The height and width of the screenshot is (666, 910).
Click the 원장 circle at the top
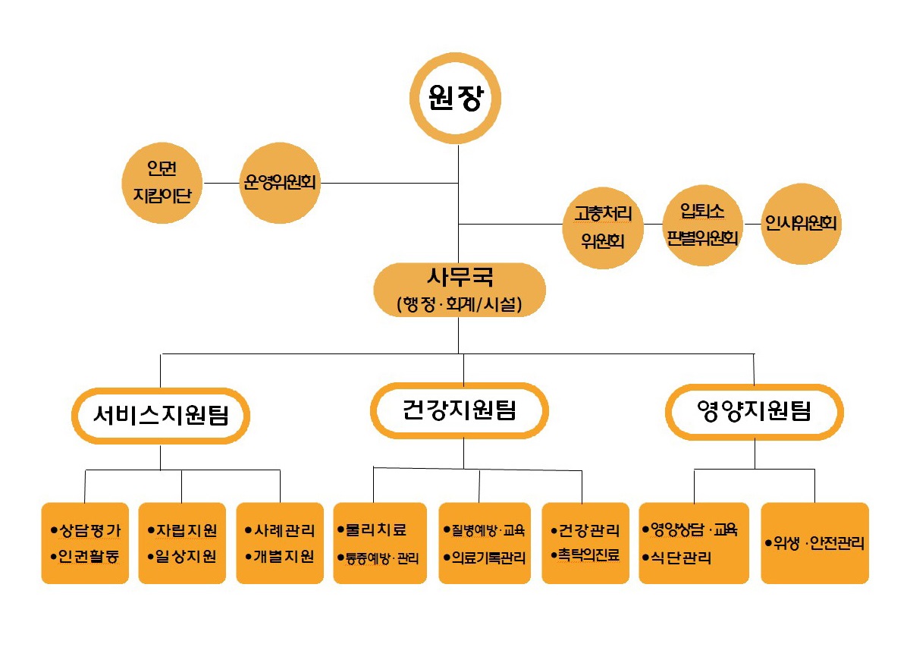[x=456, y=99]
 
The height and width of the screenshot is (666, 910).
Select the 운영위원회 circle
[x=281, y=183]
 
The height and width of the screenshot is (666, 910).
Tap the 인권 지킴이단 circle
[x=162, y=183]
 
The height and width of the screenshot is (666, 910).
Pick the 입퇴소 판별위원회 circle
[x=702, y=224]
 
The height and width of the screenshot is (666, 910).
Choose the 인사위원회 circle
[x=801, y=224]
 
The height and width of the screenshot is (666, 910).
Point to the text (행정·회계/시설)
[x=460, y=305]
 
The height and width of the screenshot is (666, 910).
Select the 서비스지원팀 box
[x=161, y=415]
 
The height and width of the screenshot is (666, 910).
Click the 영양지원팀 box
[x=754, y=412]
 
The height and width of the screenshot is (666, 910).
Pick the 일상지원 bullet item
[x=186, y=556]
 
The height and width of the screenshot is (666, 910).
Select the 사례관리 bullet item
[x=284, y=530]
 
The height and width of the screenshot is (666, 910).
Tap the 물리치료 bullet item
[x=376, y=529]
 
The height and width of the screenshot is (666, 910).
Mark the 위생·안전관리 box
[x=814, y=543]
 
